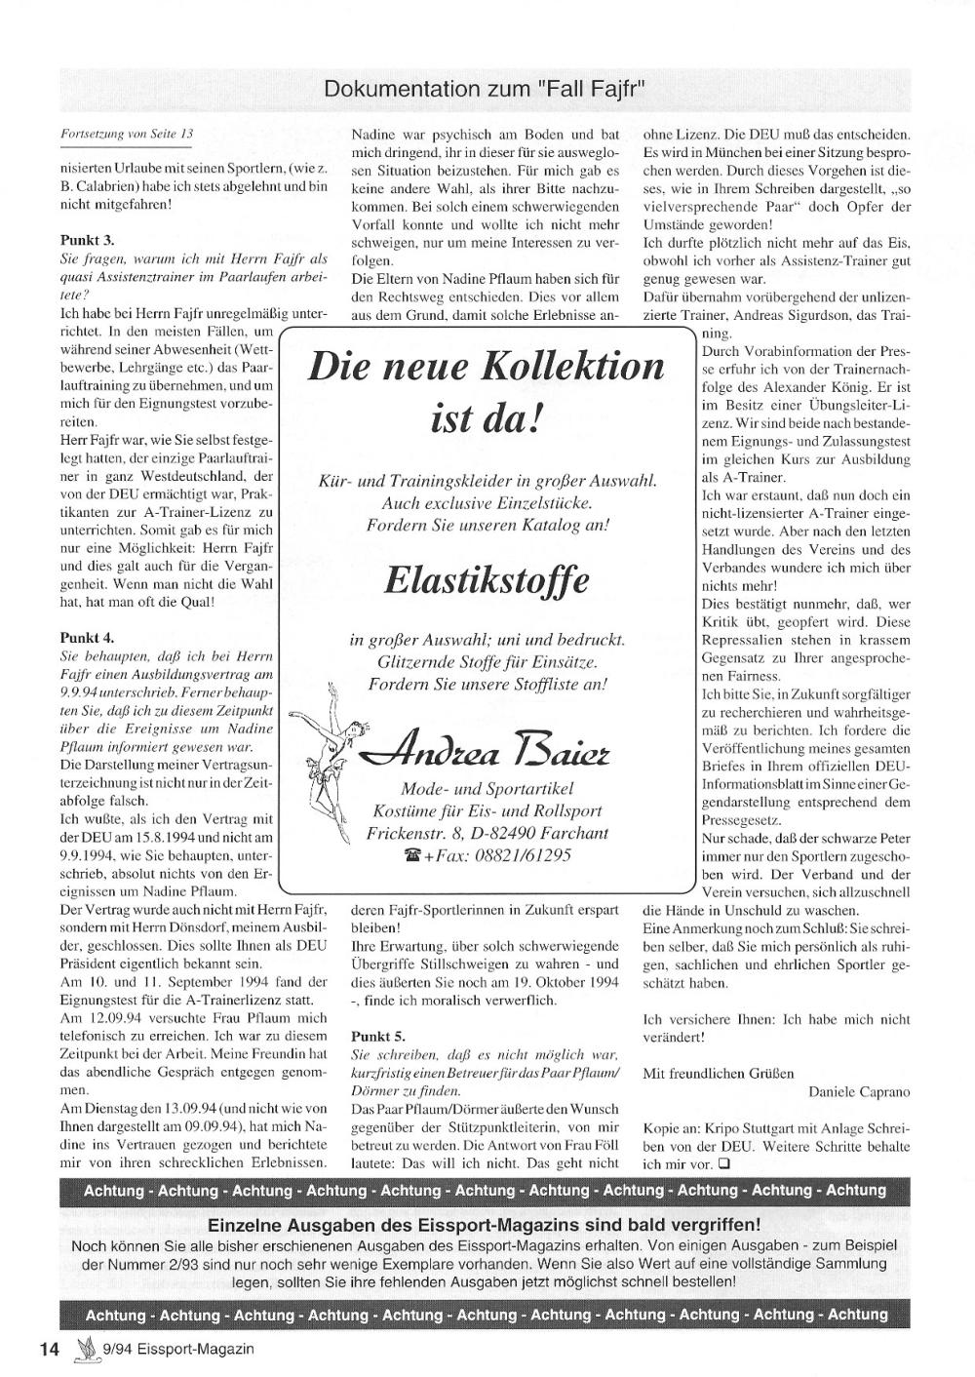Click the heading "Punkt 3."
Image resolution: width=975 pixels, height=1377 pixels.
pyautogui.click(x=87, y=239)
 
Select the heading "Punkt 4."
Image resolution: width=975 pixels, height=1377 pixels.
pyautogui.click(x=87, y=638)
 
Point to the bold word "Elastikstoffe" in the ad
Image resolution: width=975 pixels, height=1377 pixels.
pyautogui.click(x=487, y=581)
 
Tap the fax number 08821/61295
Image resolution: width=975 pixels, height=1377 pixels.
pyautogui.click(x=522, y=855)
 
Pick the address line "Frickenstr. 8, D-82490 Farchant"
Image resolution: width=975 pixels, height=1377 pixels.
pyautogui.click(x=487, y=833)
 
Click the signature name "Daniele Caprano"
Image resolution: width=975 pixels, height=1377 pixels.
pyautogui.click(x=859, y=1091)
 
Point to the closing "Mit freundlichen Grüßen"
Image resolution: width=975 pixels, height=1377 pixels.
pyautogui.click(x=719, y=1073)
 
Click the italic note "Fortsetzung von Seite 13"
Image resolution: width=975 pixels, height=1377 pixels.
pyautogui.click(x=128, y=134)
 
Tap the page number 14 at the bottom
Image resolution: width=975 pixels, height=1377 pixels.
pyautogui.click(x=50, y=1349)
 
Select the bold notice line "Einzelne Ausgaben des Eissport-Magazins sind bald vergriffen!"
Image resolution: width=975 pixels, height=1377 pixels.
pyautogui.click(x=485, y=1225)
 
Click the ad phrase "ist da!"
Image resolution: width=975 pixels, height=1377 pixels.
pyautogui.click(x=485, y=421)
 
